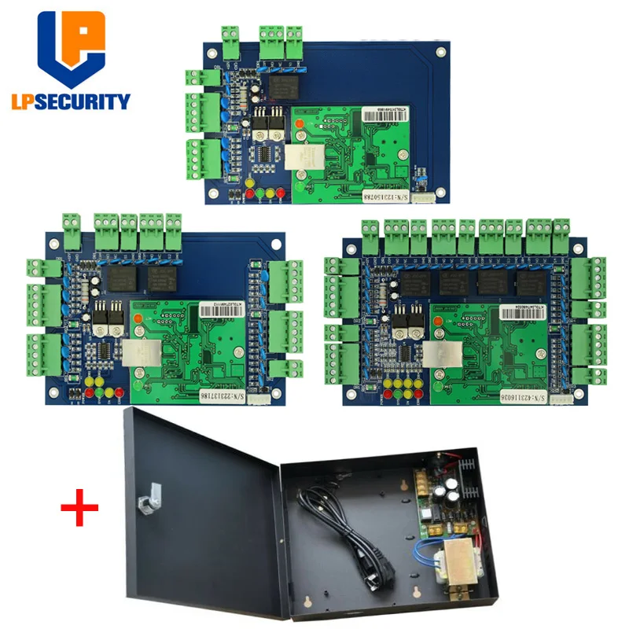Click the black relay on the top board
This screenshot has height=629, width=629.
pos(278,81)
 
